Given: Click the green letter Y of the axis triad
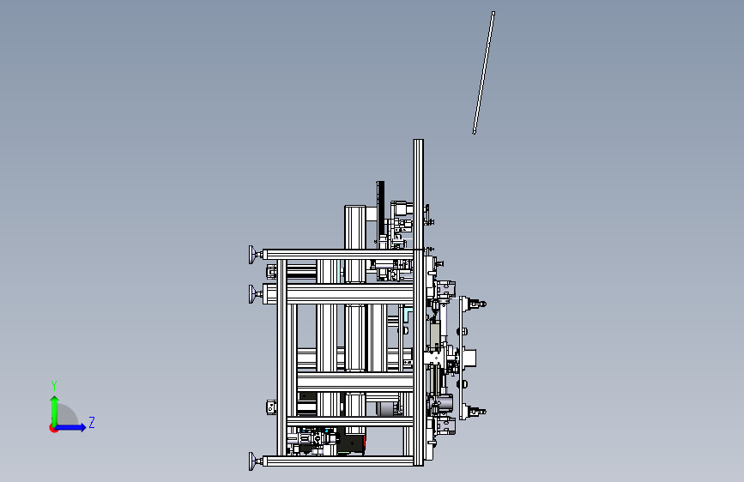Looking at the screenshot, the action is (x=54, y=386).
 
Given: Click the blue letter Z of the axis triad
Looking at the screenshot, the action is (x=92, y=422).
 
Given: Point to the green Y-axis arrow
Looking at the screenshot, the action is (x=55, y=412).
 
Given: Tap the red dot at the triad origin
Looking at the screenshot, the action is (x=53, y=428).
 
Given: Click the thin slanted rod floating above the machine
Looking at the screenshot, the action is (x=483, y=73).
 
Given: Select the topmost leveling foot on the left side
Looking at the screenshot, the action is (x=254, y=255).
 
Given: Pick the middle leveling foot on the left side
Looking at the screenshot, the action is (x=254, y=293).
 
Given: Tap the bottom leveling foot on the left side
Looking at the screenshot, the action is (x=254, y=461).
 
